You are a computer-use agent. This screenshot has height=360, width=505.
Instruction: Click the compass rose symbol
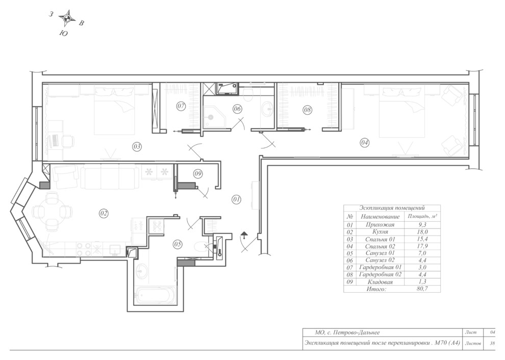coord(67,19)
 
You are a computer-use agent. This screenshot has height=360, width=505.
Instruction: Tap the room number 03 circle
coord(137,147)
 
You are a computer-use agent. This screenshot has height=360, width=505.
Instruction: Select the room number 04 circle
coord(364,142)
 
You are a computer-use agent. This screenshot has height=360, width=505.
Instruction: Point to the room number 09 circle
coord(198,174)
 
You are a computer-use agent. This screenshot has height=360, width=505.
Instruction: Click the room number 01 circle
coord(236,199)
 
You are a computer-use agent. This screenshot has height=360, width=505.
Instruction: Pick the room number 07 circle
coord(181,106)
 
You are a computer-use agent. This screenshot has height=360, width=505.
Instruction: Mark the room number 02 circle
coord(104,213)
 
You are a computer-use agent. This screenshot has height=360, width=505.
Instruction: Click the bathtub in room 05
coord(155,295)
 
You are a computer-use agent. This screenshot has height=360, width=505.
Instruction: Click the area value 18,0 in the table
coord(422,232)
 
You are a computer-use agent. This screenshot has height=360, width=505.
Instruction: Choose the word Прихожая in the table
coord(380,225)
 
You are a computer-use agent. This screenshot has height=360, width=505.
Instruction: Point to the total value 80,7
coord(422,289)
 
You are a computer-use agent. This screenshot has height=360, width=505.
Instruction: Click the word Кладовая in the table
coord(380,282)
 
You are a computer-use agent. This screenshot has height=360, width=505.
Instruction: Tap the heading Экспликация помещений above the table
coord(392,208)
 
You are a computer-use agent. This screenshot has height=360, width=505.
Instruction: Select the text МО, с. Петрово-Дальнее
coord(347,332)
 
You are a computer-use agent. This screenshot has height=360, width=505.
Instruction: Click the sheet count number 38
coord(492,343)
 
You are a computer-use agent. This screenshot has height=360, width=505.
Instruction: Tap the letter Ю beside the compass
coord(64,33)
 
